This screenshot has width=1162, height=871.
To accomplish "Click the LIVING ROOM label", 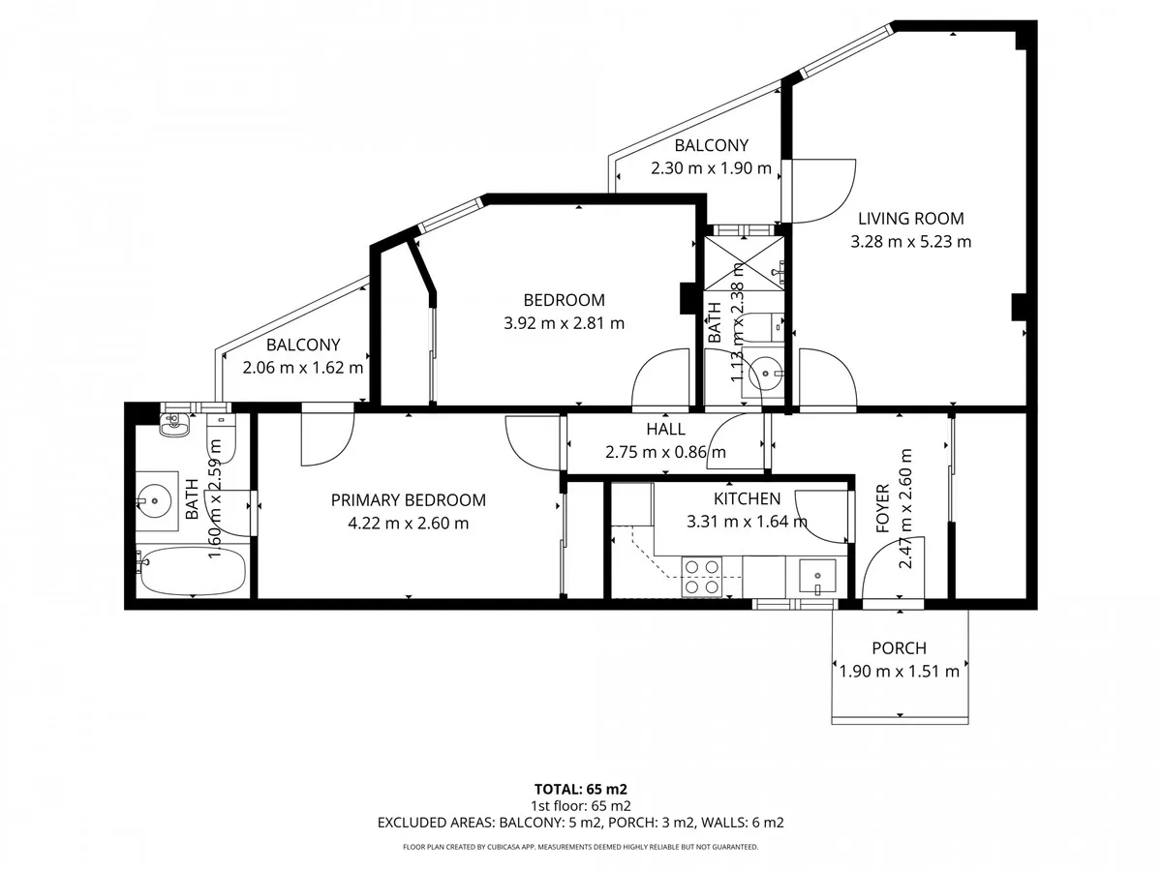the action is (x=910, y=219).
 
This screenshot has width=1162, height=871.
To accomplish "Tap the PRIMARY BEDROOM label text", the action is (x=409, y=499).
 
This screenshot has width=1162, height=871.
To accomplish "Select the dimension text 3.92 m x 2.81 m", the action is (x=564, y=322).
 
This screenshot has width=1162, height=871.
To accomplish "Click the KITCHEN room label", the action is (x=747, y=498).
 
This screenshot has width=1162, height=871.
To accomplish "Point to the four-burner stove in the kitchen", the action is (x=701, y=577).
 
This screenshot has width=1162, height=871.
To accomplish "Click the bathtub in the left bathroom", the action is (x=192, y=572).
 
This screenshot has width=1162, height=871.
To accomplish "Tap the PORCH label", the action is (x=899, y=647).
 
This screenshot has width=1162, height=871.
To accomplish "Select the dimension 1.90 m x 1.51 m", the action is (x=899, y=671).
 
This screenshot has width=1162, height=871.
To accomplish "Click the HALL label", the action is (x=665, y=429).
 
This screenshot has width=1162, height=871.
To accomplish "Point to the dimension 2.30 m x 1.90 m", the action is (x=711, y=168).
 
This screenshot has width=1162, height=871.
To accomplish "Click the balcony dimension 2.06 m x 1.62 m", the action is (x=303, y=367).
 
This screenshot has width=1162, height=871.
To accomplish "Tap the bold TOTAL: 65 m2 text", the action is (x=581, y=789).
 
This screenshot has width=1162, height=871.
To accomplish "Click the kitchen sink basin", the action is (x=817, y=576).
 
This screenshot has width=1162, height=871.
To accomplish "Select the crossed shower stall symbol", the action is (x=744, y=263).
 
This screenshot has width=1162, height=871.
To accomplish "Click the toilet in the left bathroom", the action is (x=221, y=435).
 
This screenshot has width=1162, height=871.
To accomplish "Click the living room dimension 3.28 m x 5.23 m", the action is (x=910, y=242).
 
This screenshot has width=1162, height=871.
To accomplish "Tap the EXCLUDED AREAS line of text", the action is (x=581, y=823).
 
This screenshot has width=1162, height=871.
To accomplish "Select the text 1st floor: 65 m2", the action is (x=581, y=806).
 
